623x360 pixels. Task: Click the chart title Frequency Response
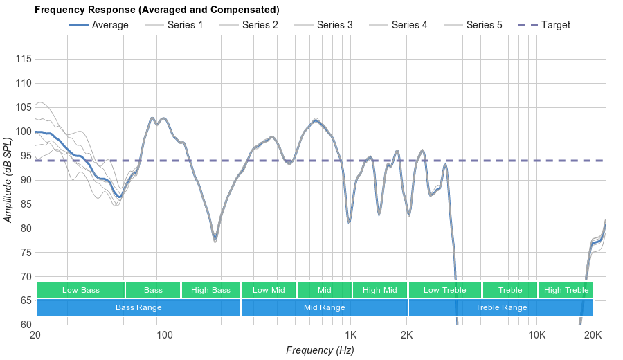156,10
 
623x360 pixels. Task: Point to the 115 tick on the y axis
24,59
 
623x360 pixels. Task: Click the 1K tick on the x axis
350,336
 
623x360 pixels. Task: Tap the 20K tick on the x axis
593,336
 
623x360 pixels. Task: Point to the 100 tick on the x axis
165,336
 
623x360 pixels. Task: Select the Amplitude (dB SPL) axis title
8,180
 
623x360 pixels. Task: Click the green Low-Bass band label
81,290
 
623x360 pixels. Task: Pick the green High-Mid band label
379,290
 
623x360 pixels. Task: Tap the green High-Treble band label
566,290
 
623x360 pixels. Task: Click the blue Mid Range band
324,307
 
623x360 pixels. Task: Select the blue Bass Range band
138,307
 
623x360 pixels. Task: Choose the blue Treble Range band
501,307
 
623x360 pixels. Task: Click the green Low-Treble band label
444,290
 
